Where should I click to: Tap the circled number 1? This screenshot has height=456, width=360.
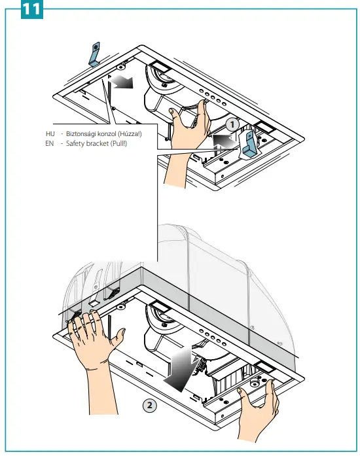coord(230,123)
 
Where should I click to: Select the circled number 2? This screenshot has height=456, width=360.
coord(150,405)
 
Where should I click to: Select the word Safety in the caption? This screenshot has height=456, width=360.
coord(75,143)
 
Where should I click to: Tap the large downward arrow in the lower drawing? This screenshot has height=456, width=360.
coord(181,368)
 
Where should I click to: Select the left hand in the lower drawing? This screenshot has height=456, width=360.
coord(92,334)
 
